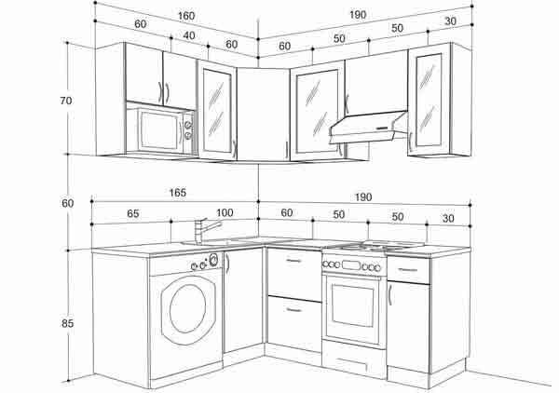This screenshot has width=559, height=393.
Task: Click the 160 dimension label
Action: [x=186, y=16]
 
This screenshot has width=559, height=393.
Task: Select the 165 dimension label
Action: [x=178, y=193]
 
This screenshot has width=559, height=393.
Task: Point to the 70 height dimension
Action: [x=66, y=101]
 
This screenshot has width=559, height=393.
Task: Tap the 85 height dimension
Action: [x=67, y=323]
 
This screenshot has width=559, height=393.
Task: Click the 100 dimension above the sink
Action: [x=225, y=213]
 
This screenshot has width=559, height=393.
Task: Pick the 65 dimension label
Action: [x=132, y=214]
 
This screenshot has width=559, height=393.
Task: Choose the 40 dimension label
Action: [x=189, y=35]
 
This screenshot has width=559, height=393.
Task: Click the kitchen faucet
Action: [x=206, y=231]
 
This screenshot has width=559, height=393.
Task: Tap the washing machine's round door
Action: [x=188, y=309]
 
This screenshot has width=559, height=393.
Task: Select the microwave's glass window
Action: [x=159, y=130]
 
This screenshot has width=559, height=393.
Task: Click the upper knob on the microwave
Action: [x=187, y=125]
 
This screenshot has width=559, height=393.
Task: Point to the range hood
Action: [x=368, y=128]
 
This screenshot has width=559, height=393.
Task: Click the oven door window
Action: [x=352, y=305]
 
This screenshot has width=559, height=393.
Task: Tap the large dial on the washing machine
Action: [x=213, y=260]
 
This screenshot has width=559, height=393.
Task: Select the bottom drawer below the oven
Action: [x=354, y=359]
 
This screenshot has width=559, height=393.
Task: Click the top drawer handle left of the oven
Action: [x=293, y=261]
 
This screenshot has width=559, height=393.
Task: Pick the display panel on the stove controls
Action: [x=350, y=265]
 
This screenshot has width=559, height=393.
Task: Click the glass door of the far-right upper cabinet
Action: [x=429, y=101]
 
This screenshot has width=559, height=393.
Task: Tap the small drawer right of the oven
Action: [x=408, y=270]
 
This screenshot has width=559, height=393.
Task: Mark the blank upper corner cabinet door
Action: [x=263, y=115]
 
